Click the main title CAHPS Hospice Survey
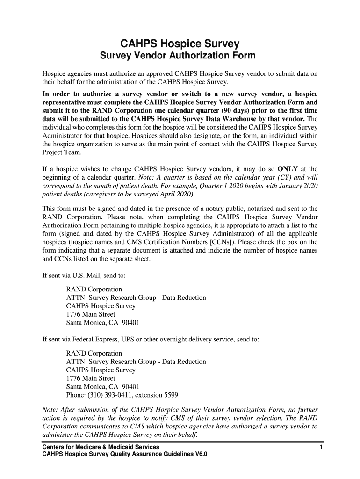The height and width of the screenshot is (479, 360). [180, 44]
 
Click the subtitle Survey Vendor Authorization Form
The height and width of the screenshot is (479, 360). [179, 56]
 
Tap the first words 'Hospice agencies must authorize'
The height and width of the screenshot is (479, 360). [92, 74]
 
